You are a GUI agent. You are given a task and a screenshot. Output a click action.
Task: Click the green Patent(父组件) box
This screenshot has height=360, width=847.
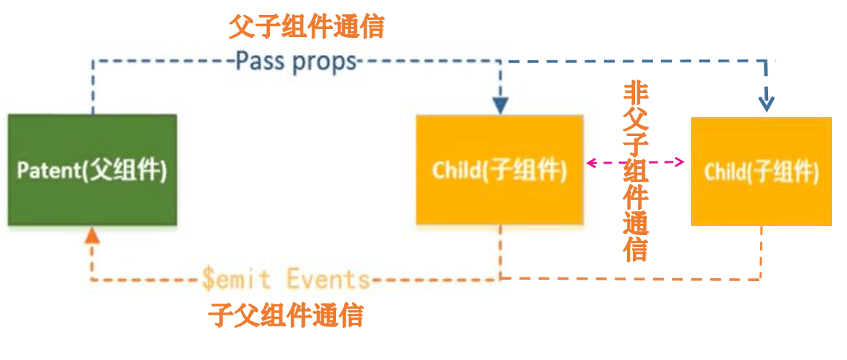(92, 170)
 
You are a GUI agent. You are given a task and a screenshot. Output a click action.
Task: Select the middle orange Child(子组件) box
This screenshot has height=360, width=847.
(500, 170)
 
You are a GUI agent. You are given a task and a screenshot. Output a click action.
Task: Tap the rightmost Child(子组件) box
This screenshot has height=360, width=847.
(761, 171)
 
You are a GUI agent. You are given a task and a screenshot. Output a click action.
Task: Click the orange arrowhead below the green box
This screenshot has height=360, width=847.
(91, 237)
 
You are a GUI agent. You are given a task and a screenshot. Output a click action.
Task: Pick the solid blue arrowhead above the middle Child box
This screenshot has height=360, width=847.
(500, 106)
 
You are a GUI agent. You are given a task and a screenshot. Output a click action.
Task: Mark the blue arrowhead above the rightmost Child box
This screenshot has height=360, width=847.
(767, 104)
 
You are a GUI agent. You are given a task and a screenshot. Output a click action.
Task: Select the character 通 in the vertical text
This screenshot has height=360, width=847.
(636, 223)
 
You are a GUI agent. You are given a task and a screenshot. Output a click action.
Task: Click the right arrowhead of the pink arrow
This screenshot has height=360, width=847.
(680, 161)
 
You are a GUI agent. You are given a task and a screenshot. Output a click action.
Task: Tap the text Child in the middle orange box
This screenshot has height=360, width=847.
(456, 171)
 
